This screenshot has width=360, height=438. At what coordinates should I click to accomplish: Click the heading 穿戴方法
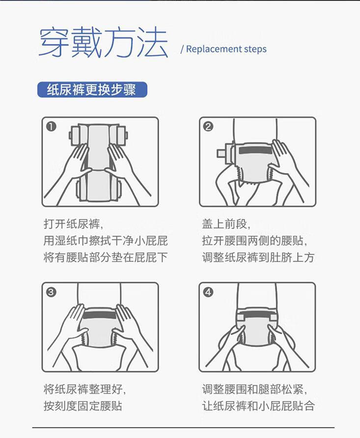pos(104,42)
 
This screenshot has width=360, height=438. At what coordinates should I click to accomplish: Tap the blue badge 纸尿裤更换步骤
pos(92,89)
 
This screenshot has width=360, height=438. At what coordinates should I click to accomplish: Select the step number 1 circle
pos(52,126)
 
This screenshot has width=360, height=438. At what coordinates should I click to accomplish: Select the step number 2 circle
pos(208,126)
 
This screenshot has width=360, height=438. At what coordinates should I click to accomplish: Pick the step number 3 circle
pos(52,292)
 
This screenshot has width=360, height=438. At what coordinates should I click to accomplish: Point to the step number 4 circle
pos(208,292)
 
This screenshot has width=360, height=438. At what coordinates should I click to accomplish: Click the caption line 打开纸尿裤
pos(73,224)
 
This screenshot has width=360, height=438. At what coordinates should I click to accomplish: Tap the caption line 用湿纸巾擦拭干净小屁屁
pos(106,240)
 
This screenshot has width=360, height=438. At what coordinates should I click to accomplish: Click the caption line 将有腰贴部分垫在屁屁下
pos(106,257)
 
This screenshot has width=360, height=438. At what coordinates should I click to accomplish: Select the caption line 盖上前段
pos(226,224)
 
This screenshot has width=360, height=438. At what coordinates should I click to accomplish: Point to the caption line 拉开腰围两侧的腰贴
pos(255,240)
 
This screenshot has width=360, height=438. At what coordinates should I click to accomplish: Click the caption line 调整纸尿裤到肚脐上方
pos(258,257)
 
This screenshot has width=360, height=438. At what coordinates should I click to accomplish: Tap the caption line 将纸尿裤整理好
pos(85,389)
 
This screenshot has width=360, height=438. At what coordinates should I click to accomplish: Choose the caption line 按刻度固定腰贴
pos(83,406)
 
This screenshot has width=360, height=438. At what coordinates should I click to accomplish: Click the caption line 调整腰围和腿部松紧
pos(255,389)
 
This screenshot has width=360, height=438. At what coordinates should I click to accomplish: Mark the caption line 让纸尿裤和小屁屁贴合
pos(258,406)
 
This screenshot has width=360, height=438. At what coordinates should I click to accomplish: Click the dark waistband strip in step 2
pos(255,150)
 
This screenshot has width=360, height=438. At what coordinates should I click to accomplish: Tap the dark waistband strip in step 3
pos(100,315)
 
